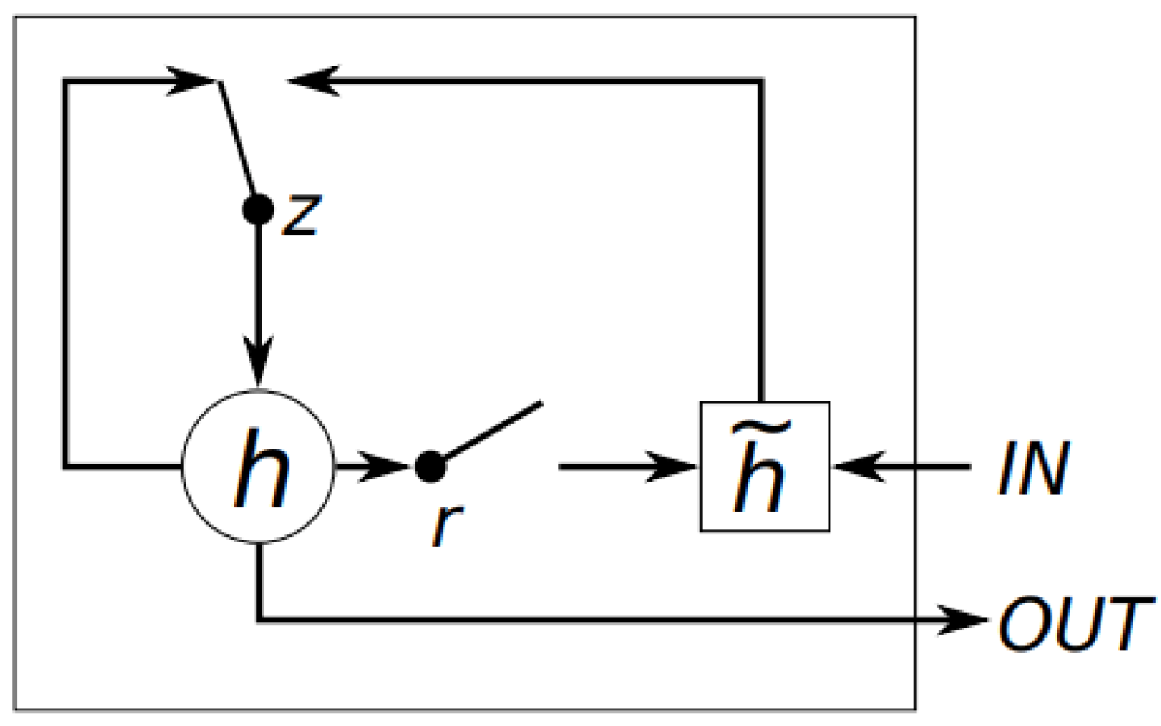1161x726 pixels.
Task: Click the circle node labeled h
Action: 258,468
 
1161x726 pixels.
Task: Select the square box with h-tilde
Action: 764,467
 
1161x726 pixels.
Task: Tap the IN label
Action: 1033,470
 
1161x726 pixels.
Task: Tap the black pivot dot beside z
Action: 258,209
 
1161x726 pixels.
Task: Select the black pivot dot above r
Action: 430,467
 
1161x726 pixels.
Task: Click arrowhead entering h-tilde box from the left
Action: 675,467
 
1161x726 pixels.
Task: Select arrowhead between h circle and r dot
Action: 385,467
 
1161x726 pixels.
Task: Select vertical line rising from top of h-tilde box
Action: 760,242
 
